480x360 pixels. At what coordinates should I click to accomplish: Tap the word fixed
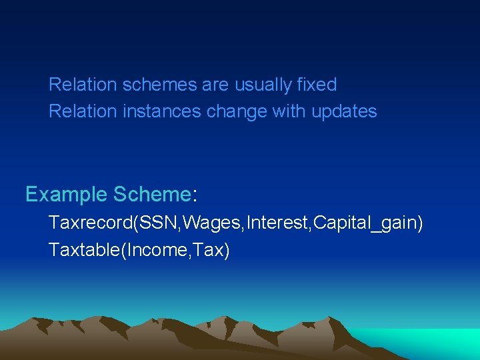coord(317,85)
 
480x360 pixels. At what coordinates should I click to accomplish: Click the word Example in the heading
coord(66,195)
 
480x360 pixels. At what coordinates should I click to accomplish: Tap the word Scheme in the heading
coord(152,195)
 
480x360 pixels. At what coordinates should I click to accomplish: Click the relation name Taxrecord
coord(90,223)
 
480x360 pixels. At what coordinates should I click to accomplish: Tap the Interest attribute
coord(277,223)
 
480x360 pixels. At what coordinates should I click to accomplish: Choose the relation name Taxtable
coord(82,250)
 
